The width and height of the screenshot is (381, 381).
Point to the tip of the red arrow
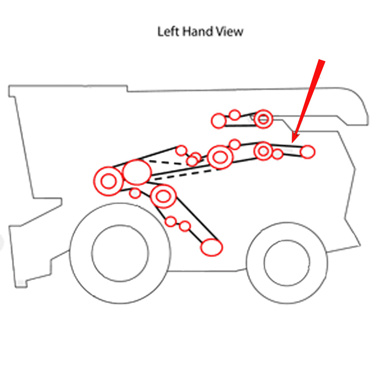point(293,143)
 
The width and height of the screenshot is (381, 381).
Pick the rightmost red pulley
point(307,152)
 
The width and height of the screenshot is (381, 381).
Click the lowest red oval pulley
point(211,247)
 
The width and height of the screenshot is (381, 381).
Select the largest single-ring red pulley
point(137,172)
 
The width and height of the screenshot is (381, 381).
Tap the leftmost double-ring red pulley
point(109,181)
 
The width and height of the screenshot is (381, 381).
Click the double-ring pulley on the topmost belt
point(263,119)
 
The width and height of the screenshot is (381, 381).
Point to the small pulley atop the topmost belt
point(235,115)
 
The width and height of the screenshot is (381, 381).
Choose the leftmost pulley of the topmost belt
point(219,121)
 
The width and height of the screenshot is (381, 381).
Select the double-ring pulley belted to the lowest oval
point(163,196)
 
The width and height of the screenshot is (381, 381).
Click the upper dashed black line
point(166,163)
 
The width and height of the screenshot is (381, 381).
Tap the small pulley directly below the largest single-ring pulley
point(135,194)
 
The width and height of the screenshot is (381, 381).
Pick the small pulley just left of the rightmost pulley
point(277,154)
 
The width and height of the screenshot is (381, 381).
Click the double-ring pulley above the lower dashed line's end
point(220,157)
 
